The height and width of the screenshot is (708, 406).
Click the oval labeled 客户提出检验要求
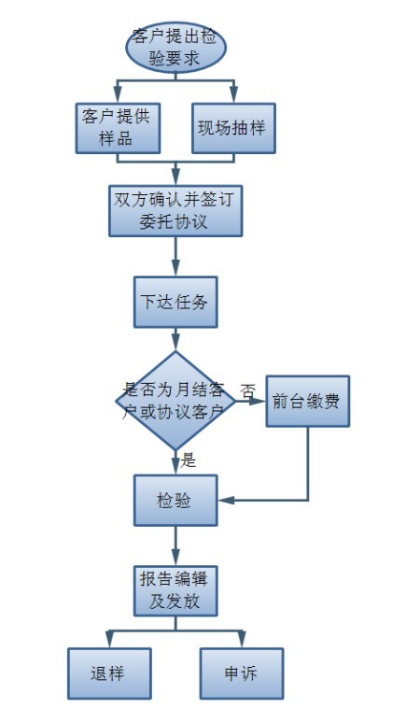(175, 47)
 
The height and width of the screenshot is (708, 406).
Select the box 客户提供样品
(118, 128)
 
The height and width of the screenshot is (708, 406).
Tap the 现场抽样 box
(233, 128)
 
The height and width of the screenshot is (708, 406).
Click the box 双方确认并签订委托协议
(175, 210)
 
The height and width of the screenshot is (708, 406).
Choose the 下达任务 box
(175, 302)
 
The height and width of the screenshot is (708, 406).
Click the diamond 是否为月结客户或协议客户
(175, 401)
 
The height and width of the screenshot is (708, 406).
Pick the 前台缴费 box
(308, 401)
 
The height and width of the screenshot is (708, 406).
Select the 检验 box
(175, 501)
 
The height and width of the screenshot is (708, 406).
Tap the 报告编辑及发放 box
(175, 590)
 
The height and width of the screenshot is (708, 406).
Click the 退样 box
(109, 673)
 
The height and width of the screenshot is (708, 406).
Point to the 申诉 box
(242, 673)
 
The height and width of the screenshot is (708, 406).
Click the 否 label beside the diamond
(247, 390)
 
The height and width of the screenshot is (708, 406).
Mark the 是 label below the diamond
(189, 460)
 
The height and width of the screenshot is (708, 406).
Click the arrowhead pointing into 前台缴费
(259, 401)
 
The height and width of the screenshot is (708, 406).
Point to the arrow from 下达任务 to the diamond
(175, 339)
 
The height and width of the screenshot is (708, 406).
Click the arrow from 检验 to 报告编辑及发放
(175, 545)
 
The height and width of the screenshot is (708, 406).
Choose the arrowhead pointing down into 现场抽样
(233, 95)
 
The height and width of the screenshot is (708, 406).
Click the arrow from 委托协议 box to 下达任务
(175, 257)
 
